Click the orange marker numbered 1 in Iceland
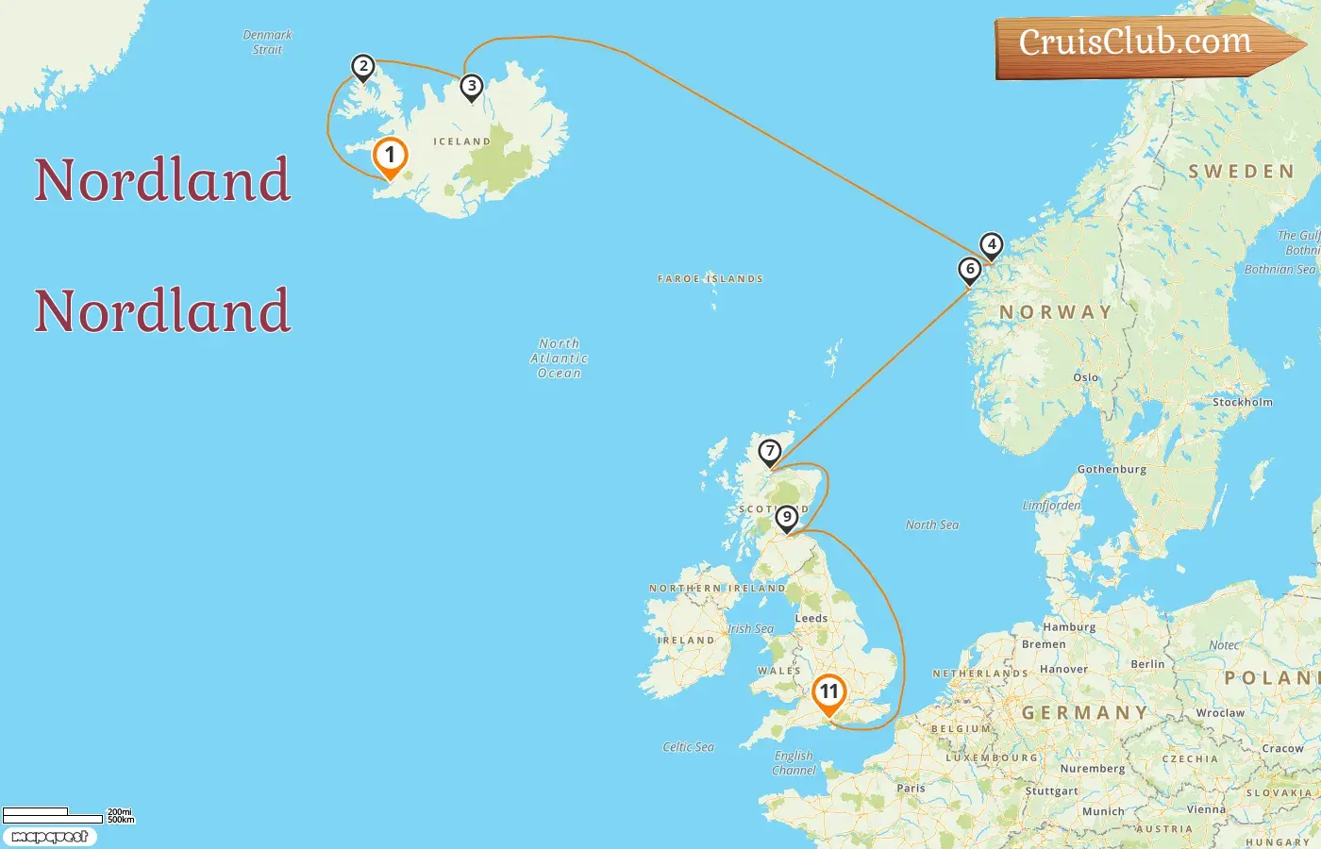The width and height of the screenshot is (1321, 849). pyautogui.click(x=390, y=157)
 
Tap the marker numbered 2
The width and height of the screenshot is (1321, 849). pyautogui.click(x=362, y=67)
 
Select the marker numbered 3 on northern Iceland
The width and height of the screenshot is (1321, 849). pyautogui.click(x=472, y=87)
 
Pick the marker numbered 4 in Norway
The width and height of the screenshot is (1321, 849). pyautogui.click(x=991, y=245)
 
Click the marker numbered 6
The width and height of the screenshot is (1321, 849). pyautogui.click(x=969, y=270)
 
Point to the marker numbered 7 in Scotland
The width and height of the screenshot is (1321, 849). pyautogui.click(x=770, y=452)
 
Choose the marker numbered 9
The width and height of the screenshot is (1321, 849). pyautogui.click(x=787, y=518)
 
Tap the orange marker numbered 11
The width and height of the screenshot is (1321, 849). pyautogui.click(x=828, y=692)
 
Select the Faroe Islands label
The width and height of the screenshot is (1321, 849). pyautogui.click(x=711, y=279)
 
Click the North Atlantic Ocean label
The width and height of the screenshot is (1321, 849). pyautogui.click(x=559, y=358)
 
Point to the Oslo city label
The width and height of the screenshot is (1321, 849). pyautogui.click(x=1085, y=377)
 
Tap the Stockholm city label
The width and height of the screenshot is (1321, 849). pyautogui.click(x=1242, y=402)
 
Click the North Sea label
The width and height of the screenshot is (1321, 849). pyautogui.click(x=931, y=524)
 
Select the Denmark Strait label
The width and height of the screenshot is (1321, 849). pyautogui.click(x=267, y=42)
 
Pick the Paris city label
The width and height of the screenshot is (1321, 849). pyautogui.click(x=911, y=788)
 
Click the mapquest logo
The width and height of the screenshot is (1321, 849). pyautogui.click(x=49, y=837)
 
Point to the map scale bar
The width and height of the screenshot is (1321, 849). pyautogui.click(x=53, y=815)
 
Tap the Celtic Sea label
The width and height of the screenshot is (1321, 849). pyautogui.click(x=688, y=747)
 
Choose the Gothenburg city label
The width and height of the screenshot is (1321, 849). pyautogui.click(x=1112, y=469)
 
